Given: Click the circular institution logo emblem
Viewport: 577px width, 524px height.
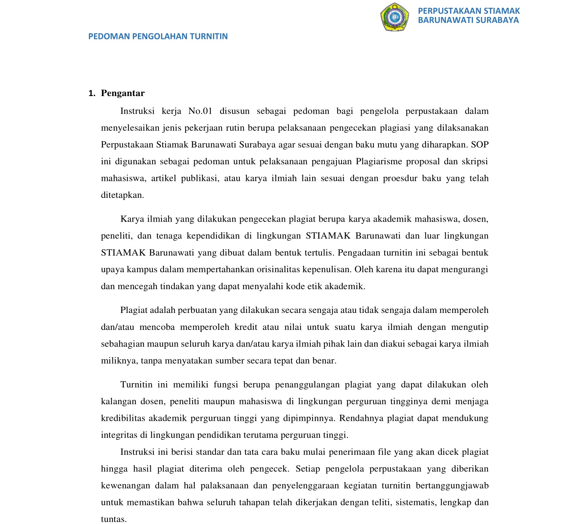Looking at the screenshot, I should point(394,17).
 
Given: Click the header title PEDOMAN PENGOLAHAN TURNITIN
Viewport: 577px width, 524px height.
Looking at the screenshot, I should point(158,36).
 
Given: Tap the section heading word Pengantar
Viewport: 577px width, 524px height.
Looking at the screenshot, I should point(123,93).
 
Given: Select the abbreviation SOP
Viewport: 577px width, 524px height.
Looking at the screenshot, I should point(480,145).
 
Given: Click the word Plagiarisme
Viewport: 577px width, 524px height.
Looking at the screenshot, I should point(379,162).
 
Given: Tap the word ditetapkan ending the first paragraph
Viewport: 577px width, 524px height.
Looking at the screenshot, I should point(123,195).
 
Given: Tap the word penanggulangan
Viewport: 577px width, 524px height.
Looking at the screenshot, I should point(307,385).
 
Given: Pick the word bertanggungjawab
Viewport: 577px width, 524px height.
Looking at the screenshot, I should point(452,486).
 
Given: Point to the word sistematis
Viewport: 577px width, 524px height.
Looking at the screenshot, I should point(415,503).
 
